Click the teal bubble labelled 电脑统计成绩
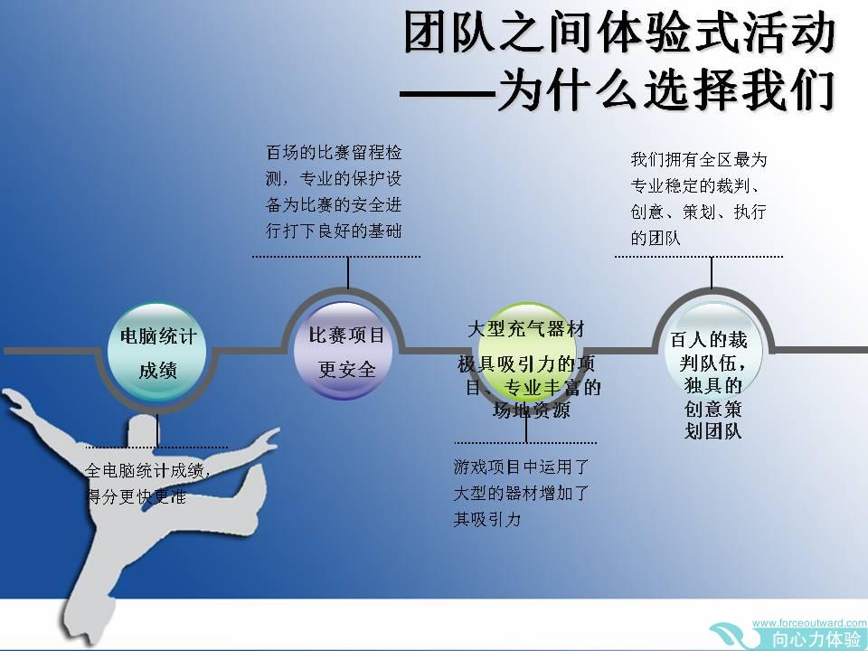(x=157, y=353)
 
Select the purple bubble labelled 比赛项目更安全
(x=344, y=351)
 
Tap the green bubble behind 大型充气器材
(x=526, y=351)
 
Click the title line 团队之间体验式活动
(x=618, y=33)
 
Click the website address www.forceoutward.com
(x=809, y=623)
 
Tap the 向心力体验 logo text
(x=817, y=639)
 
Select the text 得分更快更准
(x=137, y=496)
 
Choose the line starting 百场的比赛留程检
(x=334, y=152)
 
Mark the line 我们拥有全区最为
(x=699, y=159)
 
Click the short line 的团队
(x=656, y=238)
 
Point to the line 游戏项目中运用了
(x=521, y=467)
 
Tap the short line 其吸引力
(x=487, y=519)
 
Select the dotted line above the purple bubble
(x=336, y=257)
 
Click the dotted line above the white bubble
(x=699, y=257)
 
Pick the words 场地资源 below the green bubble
(x=531, y=410)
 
